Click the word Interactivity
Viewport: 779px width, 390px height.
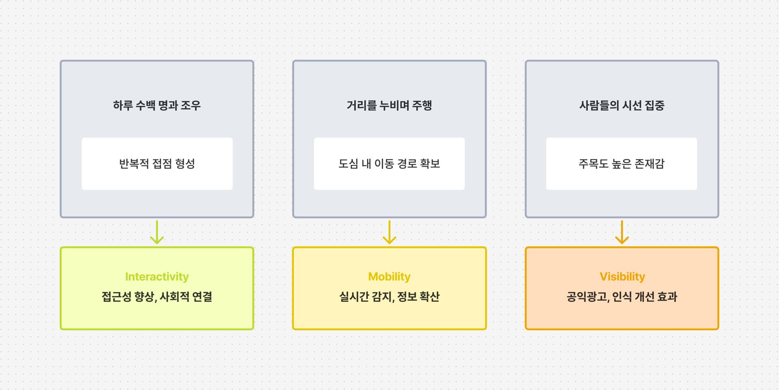(x=157, y=276)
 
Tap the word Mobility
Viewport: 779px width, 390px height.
(x=389, y=276)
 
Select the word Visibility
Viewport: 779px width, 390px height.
(x=622, y=276)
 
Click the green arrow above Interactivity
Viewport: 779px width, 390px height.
(x=157, y=232)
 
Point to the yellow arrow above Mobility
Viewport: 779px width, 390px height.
(x=389, y=232)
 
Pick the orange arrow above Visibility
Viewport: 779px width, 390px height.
(x=622, y=232)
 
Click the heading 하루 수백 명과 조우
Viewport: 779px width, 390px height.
(x=157, y=106)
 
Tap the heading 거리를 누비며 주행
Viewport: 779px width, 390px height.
(x=389, y=106)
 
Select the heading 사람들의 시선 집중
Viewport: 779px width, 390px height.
(x=622, y=106)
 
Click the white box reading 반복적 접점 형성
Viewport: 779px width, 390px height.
(x=157, y=164)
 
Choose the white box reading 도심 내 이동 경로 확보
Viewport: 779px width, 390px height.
(x=389, y=164)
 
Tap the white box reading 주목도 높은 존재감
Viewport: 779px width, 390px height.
(x=622, y=164)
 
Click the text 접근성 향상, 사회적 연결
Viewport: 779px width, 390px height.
(x=157, y=297)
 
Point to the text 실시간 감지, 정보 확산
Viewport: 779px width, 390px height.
(x=389, y=297)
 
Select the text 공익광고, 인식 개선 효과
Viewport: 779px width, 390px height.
(x=622, y=297)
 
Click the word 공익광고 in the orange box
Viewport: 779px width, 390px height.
(x=587, y=297)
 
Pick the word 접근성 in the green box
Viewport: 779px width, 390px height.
(x=116, y=297)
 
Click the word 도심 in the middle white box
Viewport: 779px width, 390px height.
(x=349, y=164)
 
